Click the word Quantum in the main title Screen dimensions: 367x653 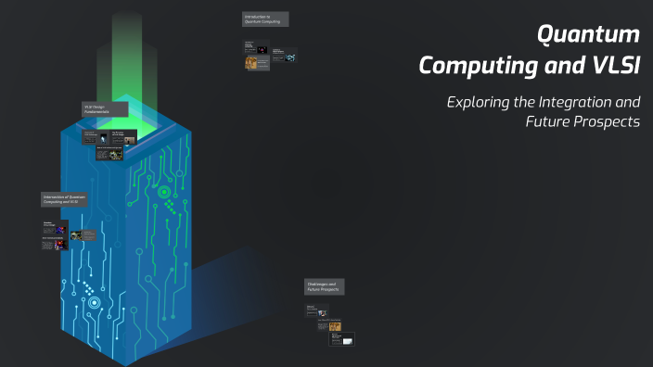pos(590,34)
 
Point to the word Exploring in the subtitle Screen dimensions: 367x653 pos(480,102)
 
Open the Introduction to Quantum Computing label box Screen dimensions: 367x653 pos(265,19)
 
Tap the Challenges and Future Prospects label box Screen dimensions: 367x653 pos(324,286)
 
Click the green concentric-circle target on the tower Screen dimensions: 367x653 pos(164,193)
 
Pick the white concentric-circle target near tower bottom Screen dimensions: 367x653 pos(94,302)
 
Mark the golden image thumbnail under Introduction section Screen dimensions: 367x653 pos(251,63)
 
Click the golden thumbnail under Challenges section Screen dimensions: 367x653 pos(335,326)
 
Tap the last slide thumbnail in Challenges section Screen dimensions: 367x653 pos(342,340)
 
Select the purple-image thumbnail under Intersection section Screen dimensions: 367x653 pos(59,229)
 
